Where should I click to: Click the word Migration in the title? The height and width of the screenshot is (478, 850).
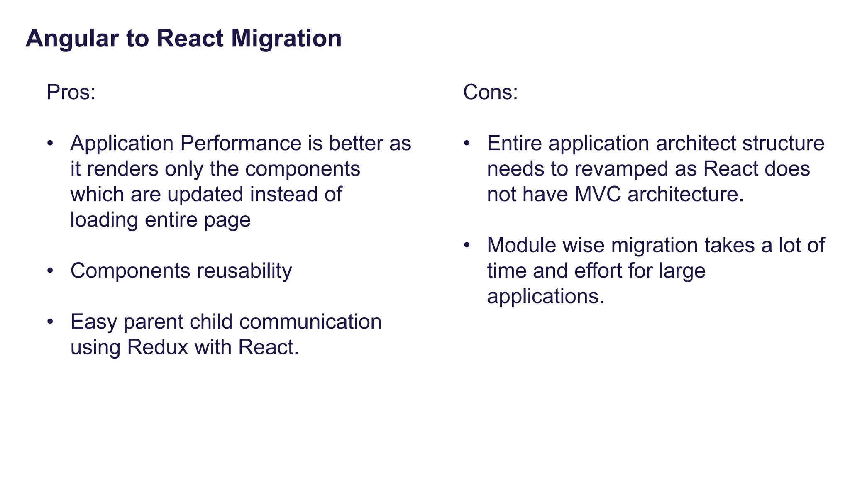pos(286,39)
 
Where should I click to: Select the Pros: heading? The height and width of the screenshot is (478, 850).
pos(71,92)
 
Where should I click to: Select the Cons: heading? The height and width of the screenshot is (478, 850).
pos(490,92)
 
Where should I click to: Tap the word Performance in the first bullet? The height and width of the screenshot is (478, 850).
pos(241,144)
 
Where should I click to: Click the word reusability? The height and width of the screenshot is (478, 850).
pos(244,271)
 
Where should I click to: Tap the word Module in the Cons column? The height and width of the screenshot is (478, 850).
pos(522,245)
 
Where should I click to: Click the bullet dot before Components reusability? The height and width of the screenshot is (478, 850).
pos(50,271)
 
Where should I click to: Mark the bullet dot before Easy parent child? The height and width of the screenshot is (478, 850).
pos(50,322)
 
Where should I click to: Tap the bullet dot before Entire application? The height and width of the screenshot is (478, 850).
pos(467,143)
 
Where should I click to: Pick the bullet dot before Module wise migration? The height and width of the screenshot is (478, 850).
pos(467,245)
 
